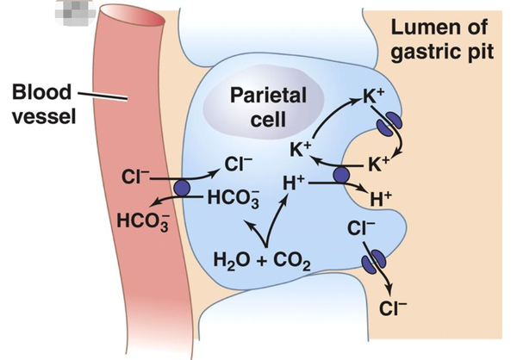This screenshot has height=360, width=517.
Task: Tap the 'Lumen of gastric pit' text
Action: pos(442,40)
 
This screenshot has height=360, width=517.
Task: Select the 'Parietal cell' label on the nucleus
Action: pos(268,107)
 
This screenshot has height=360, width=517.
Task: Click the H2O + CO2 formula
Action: pos(262,260)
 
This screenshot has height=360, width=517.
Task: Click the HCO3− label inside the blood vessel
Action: pos(143,221)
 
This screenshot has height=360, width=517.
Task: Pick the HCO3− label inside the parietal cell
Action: pos(234,198)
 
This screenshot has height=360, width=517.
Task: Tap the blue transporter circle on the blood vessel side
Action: pos(182,189)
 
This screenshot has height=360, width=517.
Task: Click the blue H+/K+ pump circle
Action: pos(341,175)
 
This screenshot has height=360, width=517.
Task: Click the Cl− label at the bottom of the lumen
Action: pos(393,308)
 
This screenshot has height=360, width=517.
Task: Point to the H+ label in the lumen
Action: pos(381,199)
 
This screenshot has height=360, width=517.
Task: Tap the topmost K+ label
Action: pos(374,96)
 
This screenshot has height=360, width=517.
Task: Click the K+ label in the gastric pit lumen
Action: pos(379,164)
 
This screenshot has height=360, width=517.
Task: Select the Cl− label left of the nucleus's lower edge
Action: pos(239,164)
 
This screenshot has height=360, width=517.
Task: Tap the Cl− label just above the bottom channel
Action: pos(361,228)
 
